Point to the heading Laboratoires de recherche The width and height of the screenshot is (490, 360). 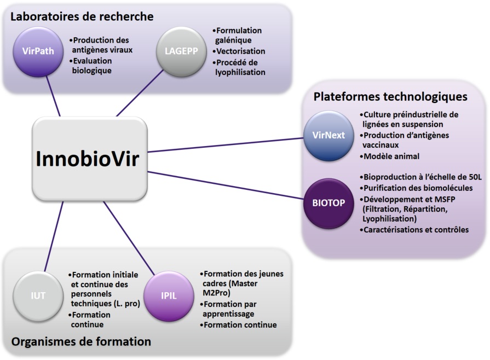click(x=82, y=17)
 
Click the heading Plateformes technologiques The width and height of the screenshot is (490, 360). click(x=390, y=97)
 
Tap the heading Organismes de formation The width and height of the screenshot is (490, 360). click(x=81, y=342)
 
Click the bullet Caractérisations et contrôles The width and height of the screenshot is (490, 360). click(x=416, y=230)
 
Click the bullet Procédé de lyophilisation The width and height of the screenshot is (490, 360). click(x=240, y=67)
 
